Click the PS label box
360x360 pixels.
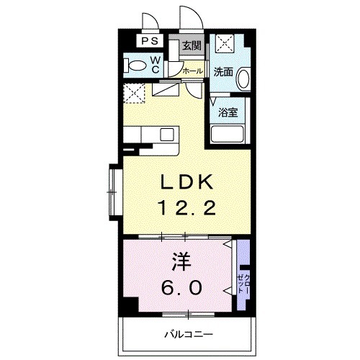click(150, 41)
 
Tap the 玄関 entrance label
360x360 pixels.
click(192, 45)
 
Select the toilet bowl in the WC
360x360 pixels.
click(135, 66)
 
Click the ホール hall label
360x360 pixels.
click(192, 71)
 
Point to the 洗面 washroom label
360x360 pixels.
click(223, 71)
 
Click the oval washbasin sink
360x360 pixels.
click(244, 78)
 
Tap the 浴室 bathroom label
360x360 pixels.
click(228, 112)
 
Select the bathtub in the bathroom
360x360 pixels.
click(228, 134)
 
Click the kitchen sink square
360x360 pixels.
click(167, 135)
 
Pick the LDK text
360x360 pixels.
click(186, 181)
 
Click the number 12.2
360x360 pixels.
click(186, 207)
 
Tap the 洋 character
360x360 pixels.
click(181, 262)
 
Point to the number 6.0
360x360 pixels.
click(181, 288)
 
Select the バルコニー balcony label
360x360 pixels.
click(189, 334)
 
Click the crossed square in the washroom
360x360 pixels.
click(225, 43)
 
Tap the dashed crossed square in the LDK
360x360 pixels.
click(134, 93)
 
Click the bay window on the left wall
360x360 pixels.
click(113, 192)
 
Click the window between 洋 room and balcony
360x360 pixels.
click(189, 314)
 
